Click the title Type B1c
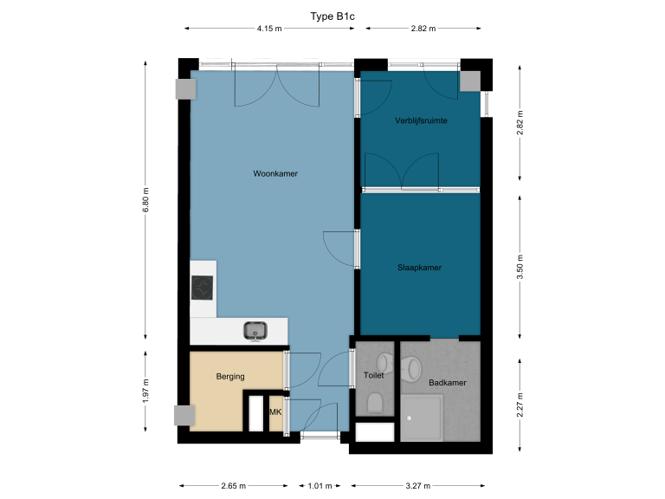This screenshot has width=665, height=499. (332, 16)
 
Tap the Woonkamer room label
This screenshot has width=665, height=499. (275, 174)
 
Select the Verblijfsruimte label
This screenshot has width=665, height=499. (421, 120)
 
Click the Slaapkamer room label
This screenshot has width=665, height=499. (419, 268)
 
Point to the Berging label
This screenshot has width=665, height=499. (231, 376)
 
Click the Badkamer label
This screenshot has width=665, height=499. (447, 382)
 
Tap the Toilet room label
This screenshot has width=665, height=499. (374, 376)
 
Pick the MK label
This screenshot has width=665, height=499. (276, 412)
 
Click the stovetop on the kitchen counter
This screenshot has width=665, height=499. (203, 288)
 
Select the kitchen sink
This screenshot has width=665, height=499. (255, 329)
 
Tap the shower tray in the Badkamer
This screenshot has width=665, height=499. (422, 418)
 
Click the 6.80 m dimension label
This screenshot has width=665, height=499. (145, 201)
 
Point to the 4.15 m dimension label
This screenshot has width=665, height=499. (269, 29)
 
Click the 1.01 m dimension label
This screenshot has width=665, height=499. (320, 486)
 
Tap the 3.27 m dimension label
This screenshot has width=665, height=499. (419, 486)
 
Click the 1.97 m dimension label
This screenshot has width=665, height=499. (145, 391)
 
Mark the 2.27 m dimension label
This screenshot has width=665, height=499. (520, 401)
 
